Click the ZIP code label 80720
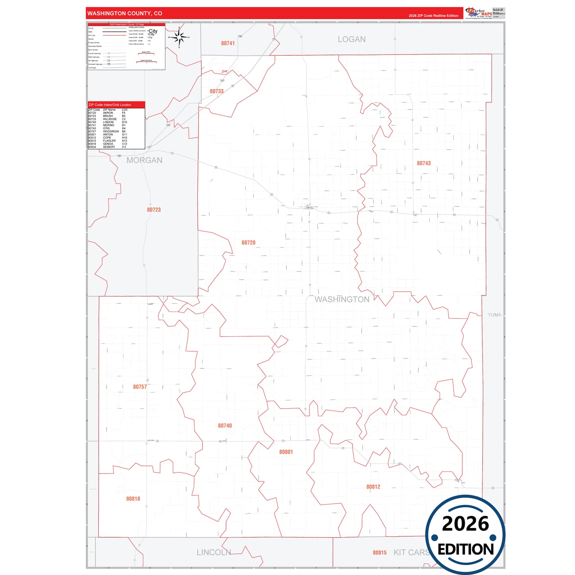tap(248, 243)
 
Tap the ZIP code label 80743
tap(424, 163)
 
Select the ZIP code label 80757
tap(140, 387)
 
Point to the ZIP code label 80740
tap(225, 426)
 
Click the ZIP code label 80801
tap(286, 452)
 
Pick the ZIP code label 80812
tap(373, 487)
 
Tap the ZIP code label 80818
tap(133, 499)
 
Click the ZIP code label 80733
tap(216, 91)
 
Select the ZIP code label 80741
tap(228, 43)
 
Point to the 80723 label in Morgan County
tap(154, 210)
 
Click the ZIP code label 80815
tap(380, 553)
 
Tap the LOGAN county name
tap(351, 39)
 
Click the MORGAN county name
tap(144, 160)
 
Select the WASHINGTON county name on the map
tap(342, 299)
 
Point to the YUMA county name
tap(495, 315)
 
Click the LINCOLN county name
tap(214, 552)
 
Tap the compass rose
tap(179, 38)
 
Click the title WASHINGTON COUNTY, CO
tap(125, 14)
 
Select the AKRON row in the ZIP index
tap(108, 113)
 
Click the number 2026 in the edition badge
tap(465, 524)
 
